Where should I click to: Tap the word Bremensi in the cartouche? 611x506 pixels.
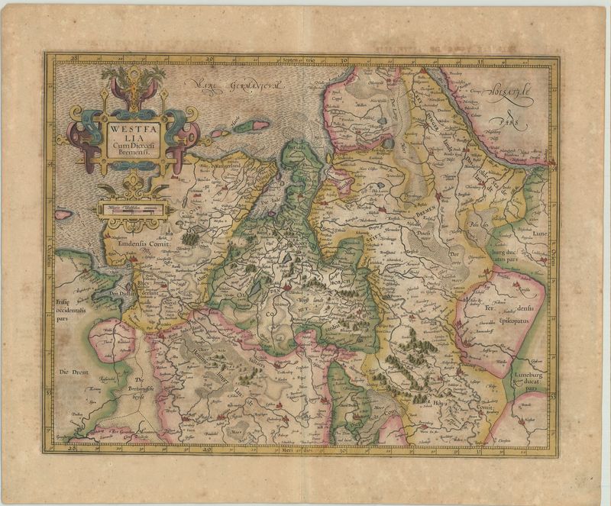click(134, 152)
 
